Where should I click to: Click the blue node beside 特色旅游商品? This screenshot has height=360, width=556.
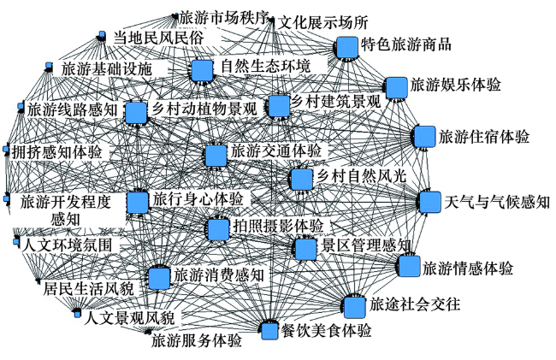click(346, 47)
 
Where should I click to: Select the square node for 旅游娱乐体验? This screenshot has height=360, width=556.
click(395, 87)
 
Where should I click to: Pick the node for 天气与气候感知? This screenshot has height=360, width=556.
click(430, 202)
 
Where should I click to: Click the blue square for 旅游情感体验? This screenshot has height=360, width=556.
click(410, 266)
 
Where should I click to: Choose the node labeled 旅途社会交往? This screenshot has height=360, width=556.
click(355, 307)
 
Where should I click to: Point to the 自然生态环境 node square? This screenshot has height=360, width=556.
click(202, 70)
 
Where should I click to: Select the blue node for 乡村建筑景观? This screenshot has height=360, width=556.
click(278, 106)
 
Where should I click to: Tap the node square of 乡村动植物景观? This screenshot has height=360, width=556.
click(136, 113)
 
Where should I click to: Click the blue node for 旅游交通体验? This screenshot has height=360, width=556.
click(216, 155)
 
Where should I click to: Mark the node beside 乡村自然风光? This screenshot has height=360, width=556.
click(300, 180)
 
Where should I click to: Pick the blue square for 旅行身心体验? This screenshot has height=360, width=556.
click(138, 202)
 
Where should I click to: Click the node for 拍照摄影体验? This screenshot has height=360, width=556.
click(218, 228)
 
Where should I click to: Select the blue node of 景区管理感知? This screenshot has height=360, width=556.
click(305, 248)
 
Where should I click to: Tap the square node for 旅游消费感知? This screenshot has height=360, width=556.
click(158, 278)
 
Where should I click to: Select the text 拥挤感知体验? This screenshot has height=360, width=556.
click(56, 152)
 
